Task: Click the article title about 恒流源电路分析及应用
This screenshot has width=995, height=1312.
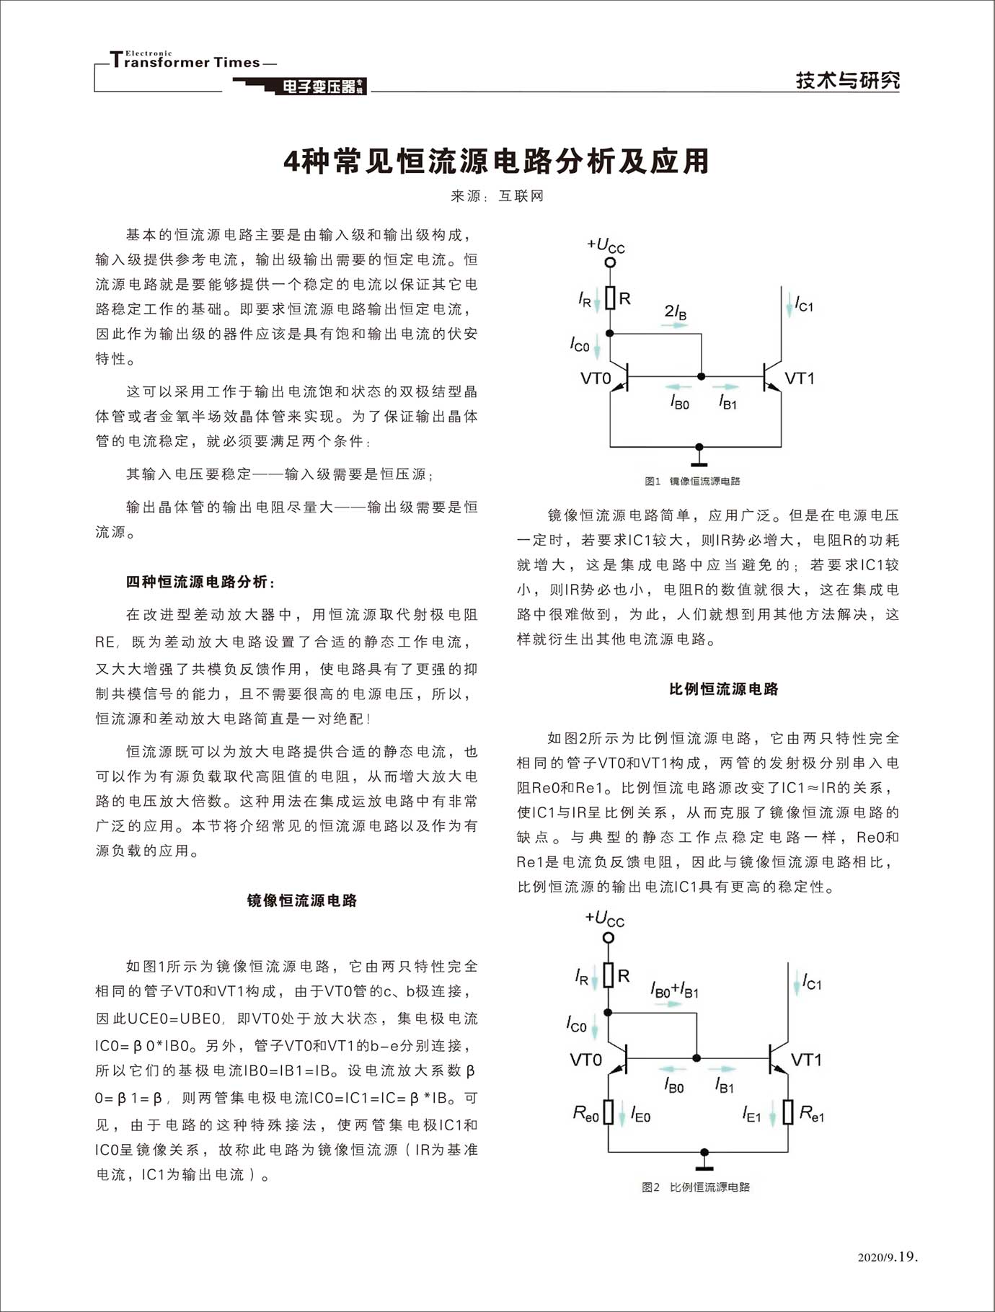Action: (x=497, y=161)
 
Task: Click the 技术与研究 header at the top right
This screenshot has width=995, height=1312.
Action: (x=847, y=80)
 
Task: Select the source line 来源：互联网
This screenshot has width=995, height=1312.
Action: (x=497, y=195)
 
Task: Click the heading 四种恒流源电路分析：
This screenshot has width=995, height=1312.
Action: (x=200, y=582)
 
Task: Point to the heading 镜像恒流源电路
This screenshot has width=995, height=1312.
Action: (x=302, y=900)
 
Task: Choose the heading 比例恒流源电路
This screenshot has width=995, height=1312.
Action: (x=724, y=689)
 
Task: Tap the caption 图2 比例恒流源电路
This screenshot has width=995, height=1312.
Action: (x=696, y=1187)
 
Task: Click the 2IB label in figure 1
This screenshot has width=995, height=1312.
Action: (x=676, y=311)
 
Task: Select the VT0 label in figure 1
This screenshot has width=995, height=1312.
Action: (x=596, y=378)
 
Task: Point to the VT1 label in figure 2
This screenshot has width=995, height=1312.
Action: (x=806, y=1060)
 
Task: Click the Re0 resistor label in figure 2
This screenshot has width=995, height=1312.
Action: (x=585, y=1114)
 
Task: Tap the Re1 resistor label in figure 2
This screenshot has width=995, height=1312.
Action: (x=812, y=1114)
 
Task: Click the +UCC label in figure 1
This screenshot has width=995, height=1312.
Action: (x=606, y=246)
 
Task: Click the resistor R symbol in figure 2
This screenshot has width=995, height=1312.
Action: (x=609, y=976)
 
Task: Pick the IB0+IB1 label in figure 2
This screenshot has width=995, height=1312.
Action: (x=674, y=990)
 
